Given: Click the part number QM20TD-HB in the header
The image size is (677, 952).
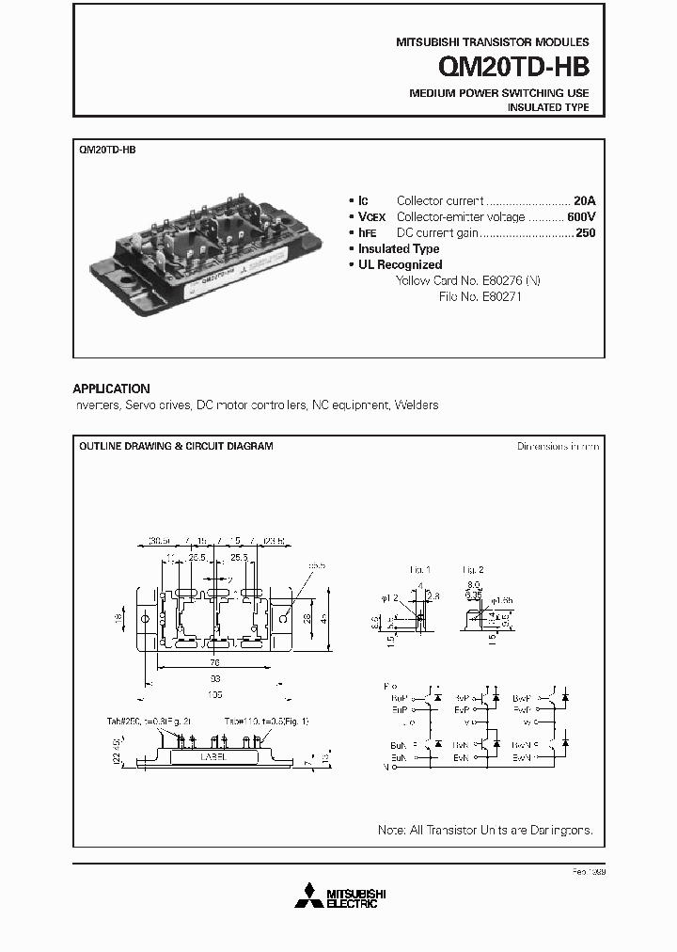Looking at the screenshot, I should point(513,69).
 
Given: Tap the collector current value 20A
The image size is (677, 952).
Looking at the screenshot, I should point(585,201).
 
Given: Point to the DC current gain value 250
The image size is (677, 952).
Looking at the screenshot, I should point(585,233).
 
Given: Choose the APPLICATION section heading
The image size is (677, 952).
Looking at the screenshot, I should point(111,389).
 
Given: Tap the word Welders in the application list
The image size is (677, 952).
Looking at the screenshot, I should point(417,405).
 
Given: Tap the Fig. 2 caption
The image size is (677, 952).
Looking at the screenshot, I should point(472,570).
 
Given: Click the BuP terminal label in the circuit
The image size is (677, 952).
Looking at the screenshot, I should point(398,698).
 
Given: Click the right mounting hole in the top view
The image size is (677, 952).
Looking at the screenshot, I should point(283,620).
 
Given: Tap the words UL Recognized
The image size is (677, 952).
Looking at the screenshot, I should point(400,265).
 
